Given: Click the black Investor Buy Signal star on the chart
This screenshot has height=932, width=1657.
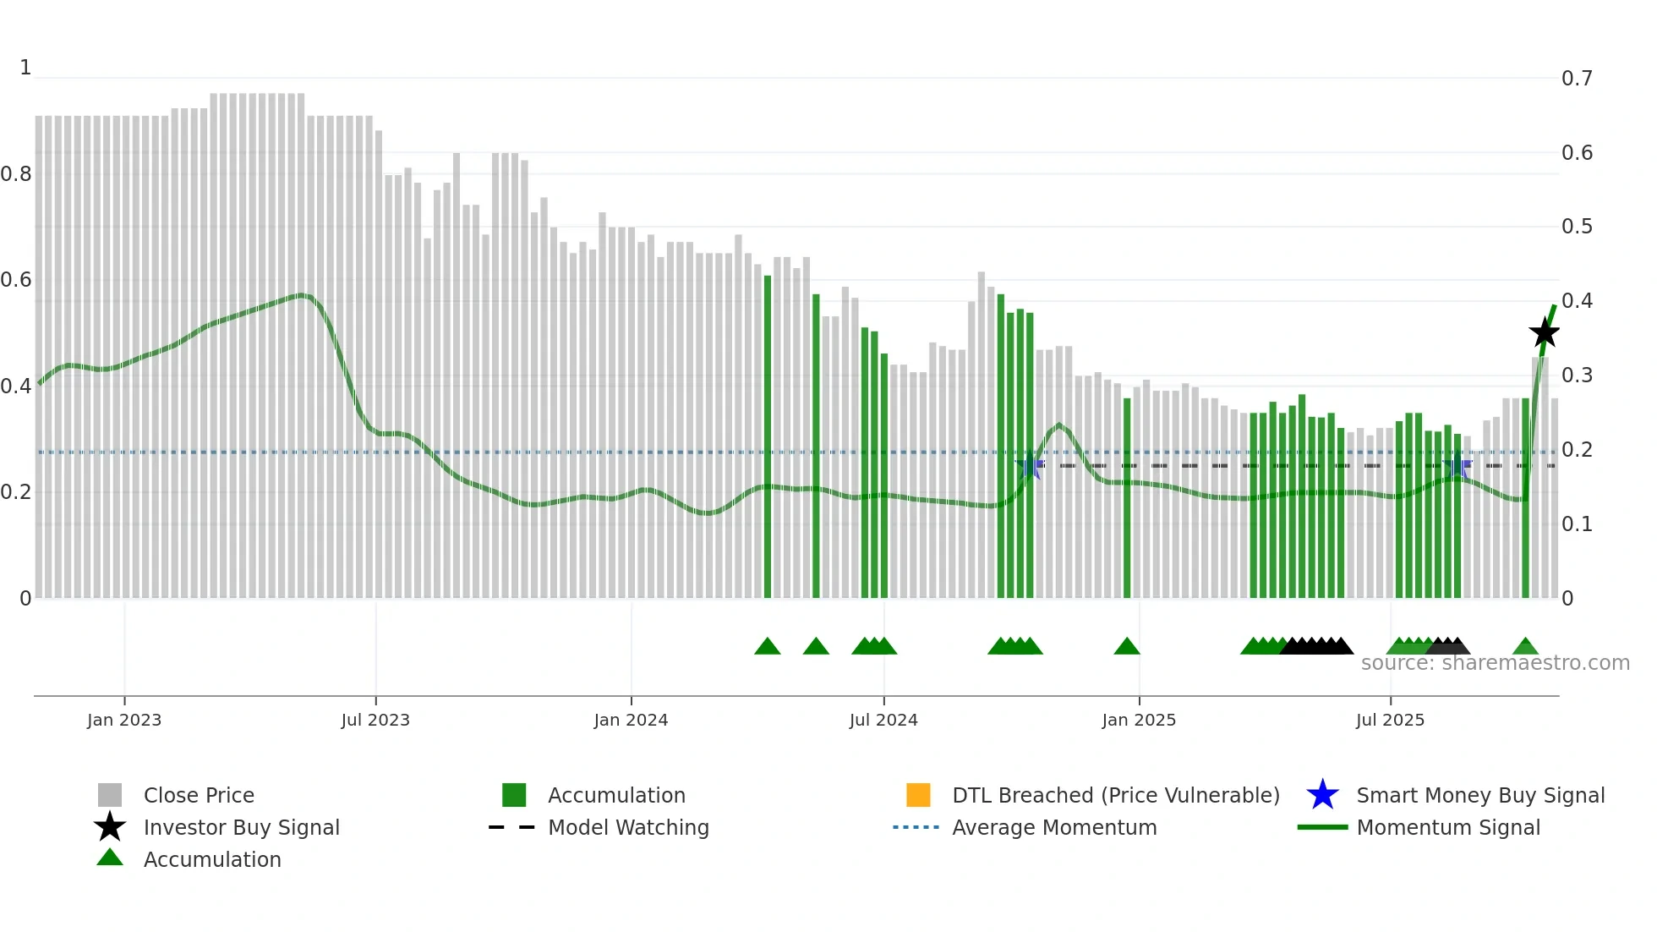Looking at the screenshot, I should [1544, 332].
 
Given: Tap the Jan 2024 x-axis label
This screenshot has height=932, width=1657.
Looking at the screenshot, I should [631, 720].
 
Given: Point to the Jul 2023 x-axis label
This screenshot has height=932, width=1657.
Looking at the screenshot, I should [375, 720].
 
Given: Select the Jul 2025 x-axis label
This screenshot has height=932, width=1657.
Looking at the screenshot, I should [1390, 720].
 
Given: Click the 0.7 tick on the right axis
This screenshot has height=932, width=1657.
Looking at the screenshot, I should [1577, 79].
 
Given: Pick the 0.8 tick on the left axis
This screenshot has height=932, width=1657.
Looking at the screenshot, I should [16, 174].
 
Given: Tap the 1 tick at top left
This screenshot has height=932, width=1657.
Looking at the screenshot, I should [25, 68].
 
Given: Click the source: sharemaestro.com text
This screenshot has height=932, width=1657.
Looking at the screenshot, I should [1495, 663].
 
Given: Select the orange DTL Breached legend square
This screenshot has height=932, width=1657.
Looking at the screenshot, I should [918, 795].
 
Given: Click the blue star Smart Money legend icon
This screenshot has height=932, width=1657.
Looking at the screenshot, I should [1322, 795].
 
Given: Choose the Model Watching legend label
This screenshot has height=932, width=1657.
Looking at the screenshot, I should [628, 827].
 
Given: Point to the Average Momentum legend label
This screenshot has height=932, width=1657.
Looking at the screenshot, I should [1054, 827].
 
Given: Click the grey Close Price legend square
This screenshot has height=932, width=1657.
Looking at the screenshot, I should [110, 795].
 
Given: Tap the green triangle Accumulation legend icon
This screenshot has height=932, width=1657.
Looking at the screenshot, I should [110, 858].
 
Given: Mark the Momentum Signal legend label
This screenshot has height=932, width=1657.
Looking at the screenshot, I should [1448, 827].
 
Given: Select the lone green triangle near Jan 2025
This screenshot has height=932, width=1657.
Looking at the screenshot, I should [1127, 647].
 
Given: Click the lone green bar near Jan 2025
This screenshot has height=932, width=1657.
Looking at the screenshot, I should [1127, 499].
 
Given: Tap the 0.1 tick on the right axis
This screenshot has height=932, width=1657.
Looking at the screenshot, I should [1577, 524].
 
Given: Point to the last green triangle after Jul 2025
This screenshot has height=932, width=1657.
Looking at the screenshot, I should [1525, 647].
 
